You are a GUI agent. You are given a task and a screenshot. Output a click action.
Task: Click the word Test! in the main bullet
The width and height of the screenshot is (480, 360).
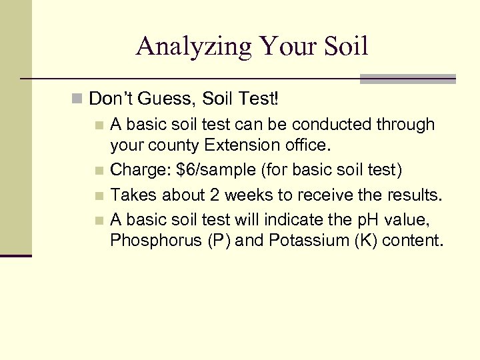click(261, 99)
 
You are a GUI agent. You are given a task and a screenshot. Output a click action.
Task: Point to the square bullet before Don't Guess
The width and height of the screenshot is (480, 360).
click(78, 100)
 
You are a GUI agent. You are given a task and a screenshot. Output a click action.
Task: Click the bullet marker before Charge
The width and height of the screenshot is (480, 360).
click(99, 171)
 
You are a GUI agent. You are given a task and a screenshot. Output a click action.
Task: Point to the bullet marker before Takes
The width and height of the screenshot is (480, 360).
click(99, 196)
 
